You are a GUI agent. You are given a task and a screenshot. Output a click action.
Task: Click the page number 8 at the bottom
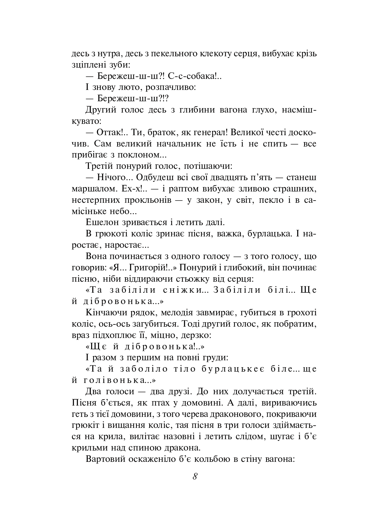point(195,476)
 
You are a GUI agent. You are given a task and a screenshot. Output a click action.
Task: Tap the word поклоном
point(145,155)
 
